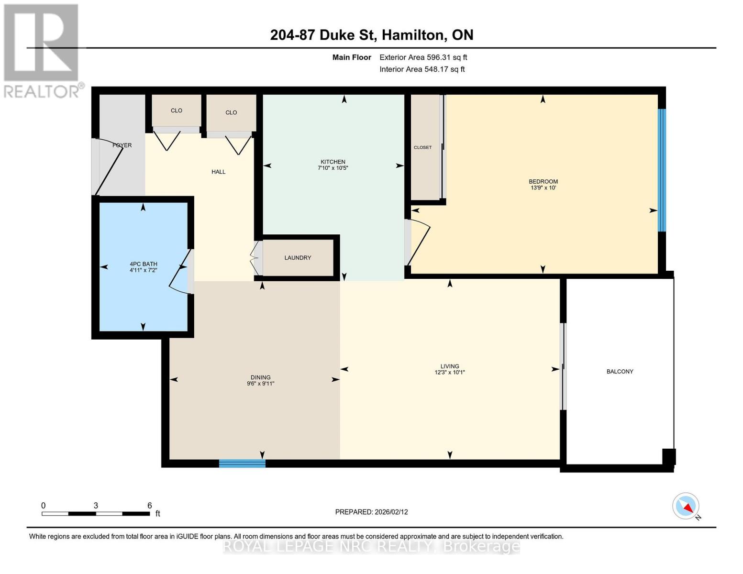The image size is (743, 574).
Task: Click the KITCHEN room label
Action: [333, 162]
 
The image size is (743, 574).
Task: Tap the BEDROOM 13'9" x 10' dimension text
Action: [543, 188]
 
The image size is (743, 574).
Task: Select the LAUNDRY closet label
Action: [298, 258]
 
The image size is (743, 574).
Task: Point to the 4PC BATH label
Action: [144, 264]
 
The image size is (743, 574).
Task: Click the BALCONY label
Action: [620, 372]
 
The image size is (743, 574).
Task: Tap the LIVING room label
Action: [450, 366]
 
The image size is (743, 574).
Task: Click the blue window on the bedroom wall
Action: [662, 170]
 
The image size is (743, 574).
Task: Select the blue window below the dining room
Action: [242, 464]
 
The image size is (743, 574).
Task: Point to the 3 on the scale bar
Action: [96, 506]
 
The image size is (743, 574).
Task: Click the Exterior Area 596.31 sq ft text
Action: [423, 57]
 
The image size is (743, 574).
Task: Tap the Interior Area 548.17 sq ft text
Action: [422, 69]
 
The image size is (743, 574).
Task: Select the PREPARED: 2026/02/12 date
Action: [371, 512]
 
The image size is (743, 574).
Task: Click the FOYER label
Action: [122, 145]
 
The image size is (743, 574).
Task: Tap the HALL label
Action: [218, 172]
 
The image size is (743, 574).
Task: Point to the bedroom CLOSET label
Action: [422, 147]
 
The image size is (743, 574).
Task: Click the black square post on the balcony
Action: [669, 456]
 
